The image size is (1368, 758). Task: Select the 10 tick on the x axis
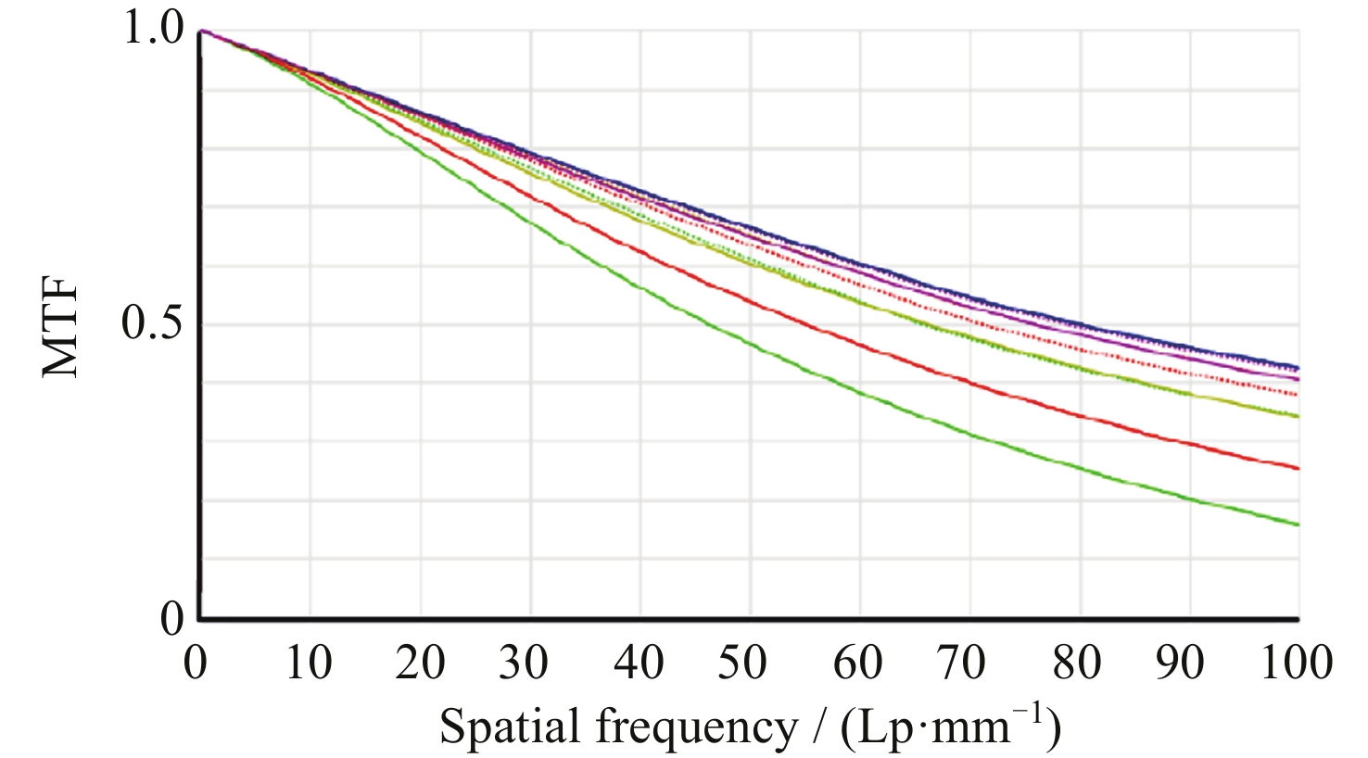coord(309,663)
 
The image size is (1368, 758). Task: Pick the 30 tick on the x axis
coord(529,663)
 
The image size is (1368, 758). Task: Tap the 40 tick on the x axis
coord(640,663)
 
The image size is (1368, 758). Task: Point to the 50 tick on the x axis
coord(749,663)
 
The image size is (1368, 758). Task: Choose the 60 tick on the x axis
coord(859,663)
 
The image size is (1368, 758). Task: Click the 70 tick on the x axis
coord(969,663)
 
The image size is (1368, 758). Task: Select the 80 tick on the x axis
coord(1079,663)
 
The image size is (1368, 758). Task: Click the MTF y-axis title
coord(61,329)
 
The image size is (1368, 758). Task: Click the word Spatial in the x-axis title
coord(510,728)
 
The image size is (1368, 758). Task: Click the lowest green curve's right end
coord(1298,524)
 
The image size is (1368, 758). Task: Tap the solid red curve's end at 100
coord(1298,468)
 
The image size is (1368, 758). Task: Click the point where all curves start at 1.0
coord(201,31)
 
